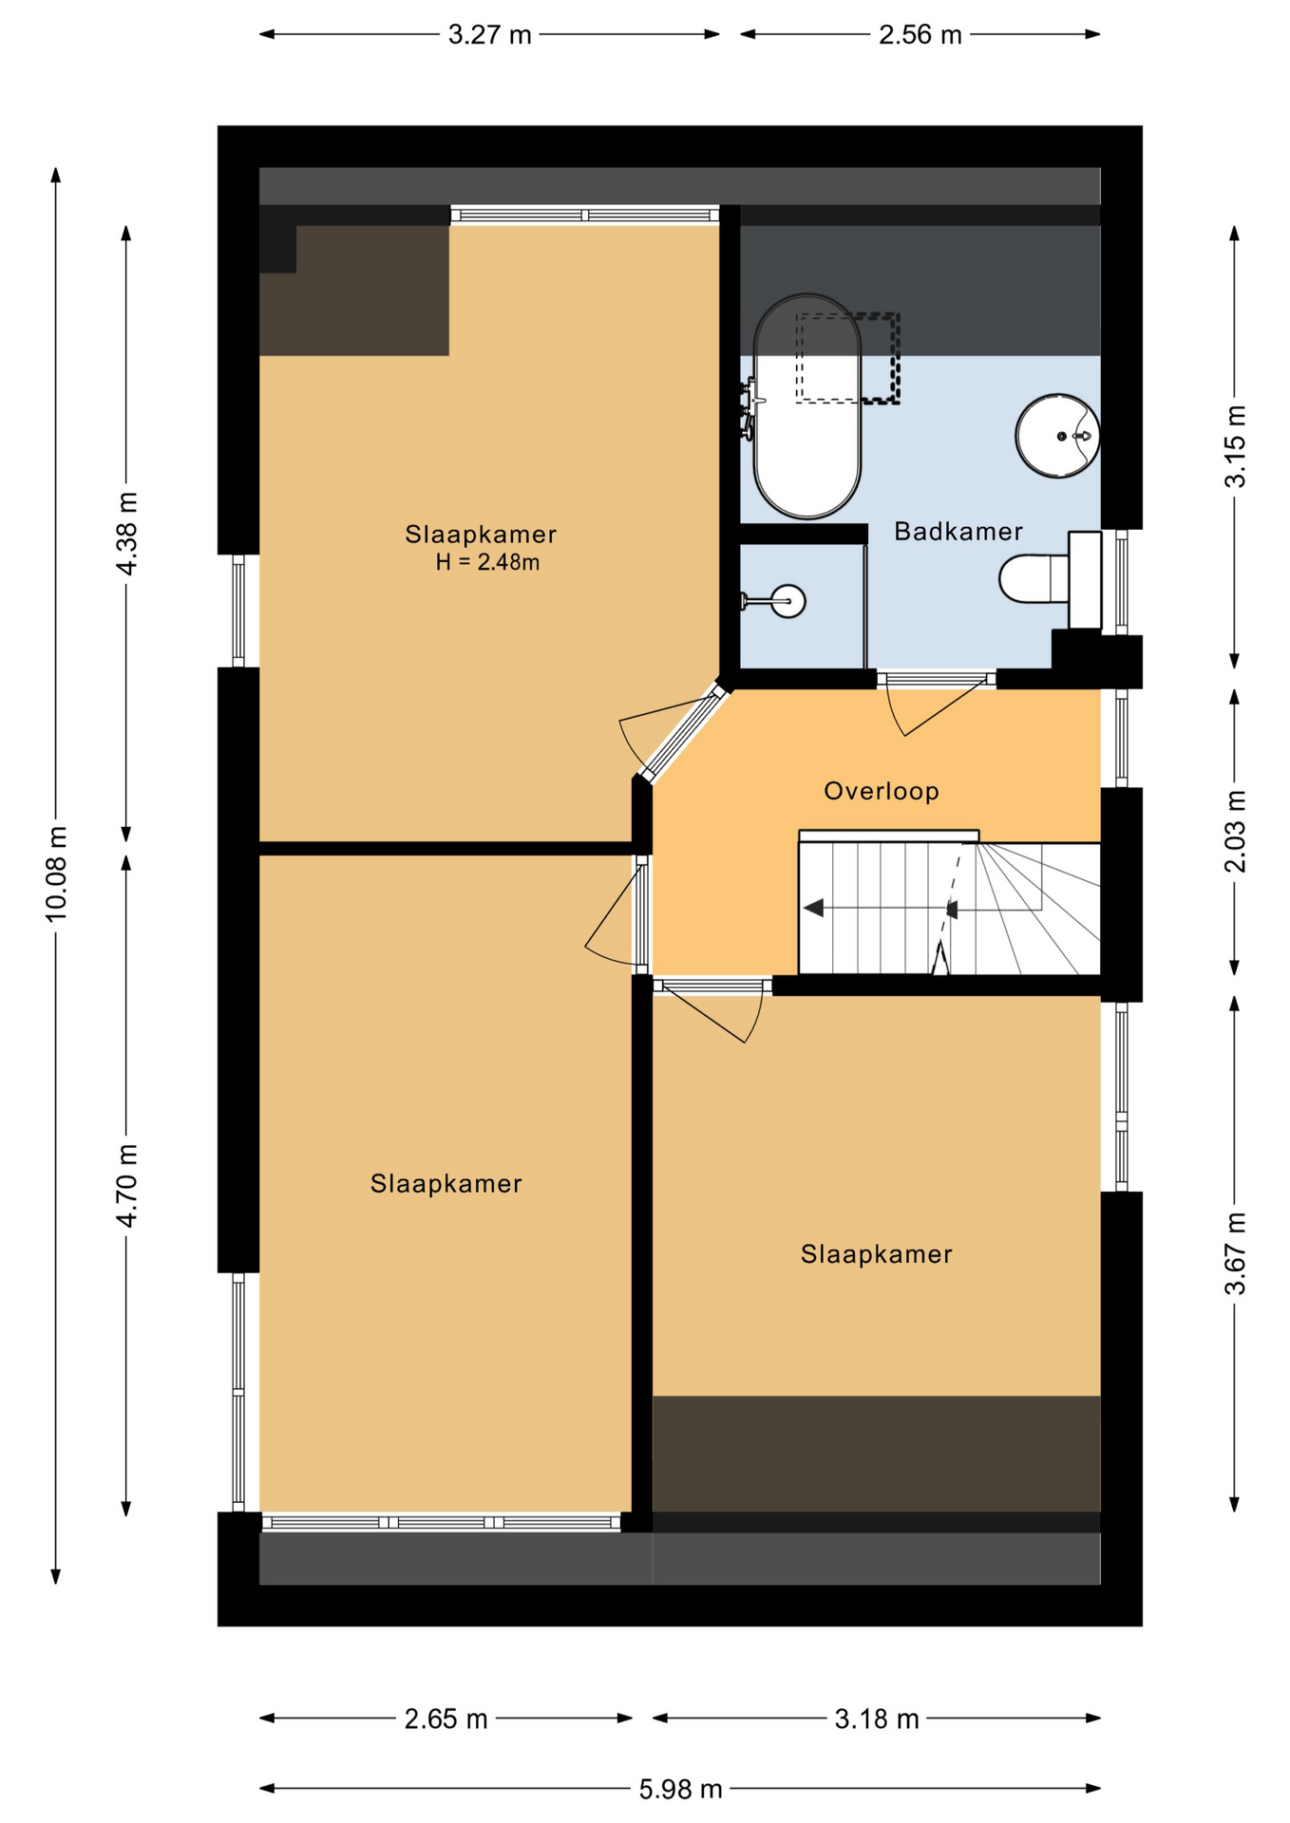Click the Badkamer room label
point(958,532)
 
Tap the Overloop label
point(881,791)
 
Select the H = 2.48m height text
point(487,562)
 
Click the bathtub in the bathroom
point(806,406)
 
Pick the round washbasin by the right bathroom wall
point(1057,436)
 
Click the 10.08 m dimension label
point(56,874)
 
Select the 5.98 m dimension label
point(680,1790)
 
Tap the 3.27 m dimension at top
point(489,35)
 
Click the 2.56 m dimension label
point(920,35)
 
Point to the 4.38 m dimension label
point(126,533)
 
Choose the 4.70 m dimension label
point(126,1185)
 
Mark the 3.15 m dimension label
point(1235,446)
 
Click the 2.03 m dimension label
point(1235,831)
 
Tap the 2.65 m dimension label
point(446,1720)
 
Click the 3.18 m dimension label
point(877,1720)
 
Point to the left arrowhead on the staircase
point(813,908)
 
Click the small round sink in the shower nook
point(787,600)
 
